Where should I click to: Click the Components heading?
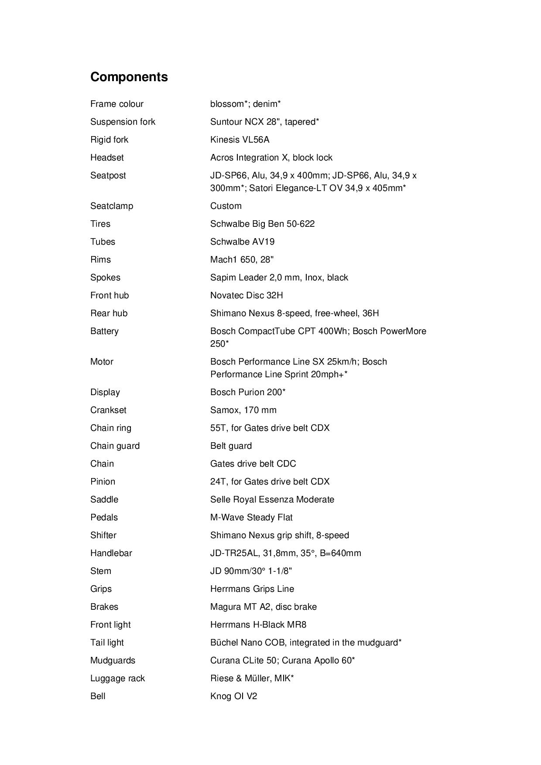[x=129, y=77]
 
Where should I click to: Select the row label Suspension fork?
[x=123, y=122]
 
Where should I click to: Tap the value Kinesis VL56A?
[x=240, y=140]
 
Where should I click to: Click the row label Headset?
[x=107, y=157]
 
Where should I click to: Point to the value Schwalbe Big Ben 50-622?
[x=262, y=224]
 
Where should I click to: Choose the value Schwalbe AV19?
[x=242, y=242]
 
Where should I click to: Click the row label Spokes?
[x=105, y=277]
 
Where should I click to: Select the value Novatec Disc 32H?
[x=247, y=295]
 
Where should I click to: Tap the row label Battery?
[x=104, y=331]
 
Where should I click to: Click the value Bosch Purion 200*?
[x=248, y=392]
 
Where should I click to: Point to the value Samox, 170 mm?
[x=243, y=410]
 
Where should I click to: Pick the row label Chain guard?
[x=115, y=446]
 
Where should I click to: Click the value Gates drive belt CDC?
[x=253, y=464]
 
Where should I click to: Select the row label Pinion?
[x=103, y=482]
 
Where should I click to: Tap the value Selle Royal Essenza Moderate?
[x=272, y=499]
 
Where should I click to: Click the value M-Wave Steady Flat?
[x=251, y=517]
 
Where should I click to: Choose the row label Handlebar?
[x=111, y=553]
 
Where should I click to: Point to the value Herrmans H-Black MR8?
[x=258, y=625]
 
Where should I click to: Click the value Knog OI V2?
[x=233, y=696]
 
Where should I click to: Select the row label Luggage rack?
[x=117, y=678]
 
